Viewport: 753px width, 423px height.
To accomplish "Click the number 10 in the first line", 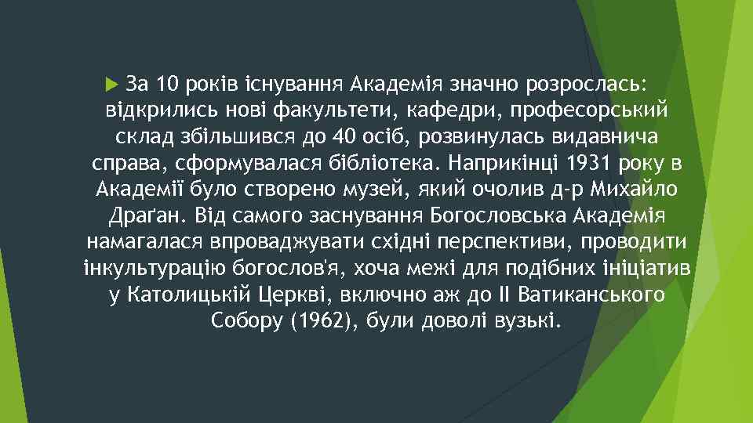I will [x=166, y=82].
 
